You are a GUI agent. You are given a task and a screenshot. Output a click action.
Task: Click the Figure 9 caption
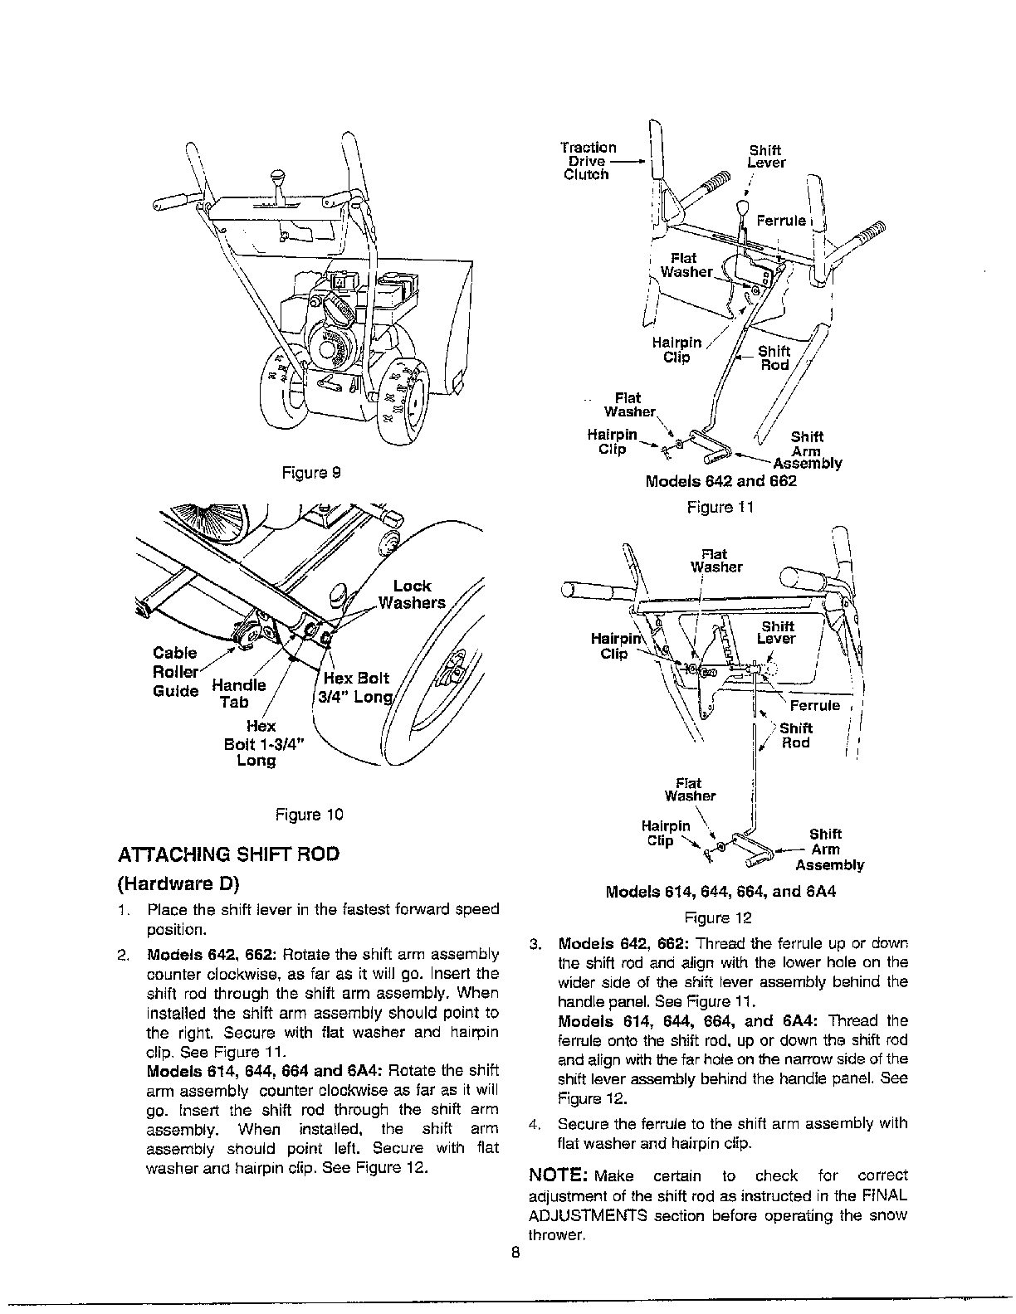pos(311,473)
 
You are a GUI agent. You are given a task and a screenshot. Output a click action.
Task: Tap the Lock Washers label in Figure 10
pos(412,594)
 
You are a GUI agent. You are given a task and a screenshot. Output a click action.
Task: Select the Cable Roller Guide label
pos(176,672)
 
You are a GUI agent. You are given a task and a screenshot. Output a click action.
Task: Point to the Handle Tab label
pos(238,693)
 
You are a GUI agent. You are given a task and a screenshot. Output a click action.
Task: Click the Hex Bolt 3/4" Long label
pos(356,687)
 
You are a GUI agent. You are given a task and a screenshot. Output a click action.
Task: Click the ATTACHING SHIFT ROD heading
pos(229,854)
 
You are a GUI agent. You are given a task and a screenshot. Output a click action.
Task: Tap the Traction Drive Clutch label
pos(588,161)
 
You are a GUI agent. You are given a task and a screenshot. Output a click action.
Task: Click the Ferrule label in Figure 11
pos(780,221)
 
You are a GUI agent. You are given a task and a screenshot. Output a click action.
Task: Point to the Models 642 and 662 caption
pos(720,481)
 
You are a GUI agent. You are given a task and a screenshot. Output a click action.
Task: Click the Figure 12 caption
pos(718,917)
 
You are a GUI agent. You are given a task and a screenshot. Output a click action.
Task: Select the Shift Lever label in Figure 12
pos(777,633)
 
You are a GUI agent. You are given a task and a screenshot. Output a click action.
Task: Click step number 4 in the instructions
pos(536,1124)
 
